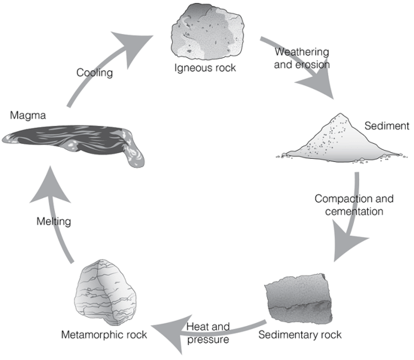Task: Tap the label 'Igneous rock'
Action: pos(205,67)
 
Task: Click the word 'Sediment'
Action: pos(387,126)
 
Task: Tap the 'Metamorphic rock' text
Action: pos(104,334)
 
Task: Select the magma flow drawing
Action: pos(72,140)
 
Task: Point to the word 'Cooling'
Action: pos(94,73)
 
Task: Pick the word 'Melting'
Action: pos(53,222)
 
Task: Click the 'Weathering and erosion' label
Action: pos(301,58)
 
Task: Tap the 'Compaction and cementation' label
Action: pos(354,205)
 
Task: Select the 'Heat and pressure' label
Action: pos(208,333)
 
